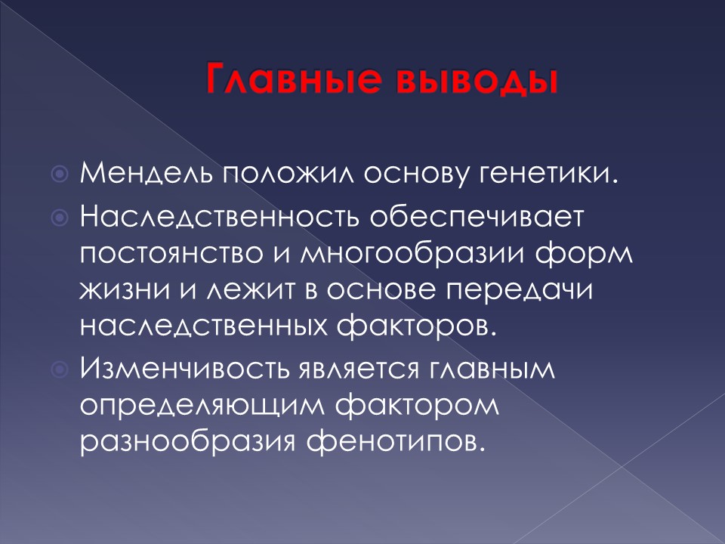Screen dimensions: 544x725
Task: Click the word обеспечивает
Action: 477,218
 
